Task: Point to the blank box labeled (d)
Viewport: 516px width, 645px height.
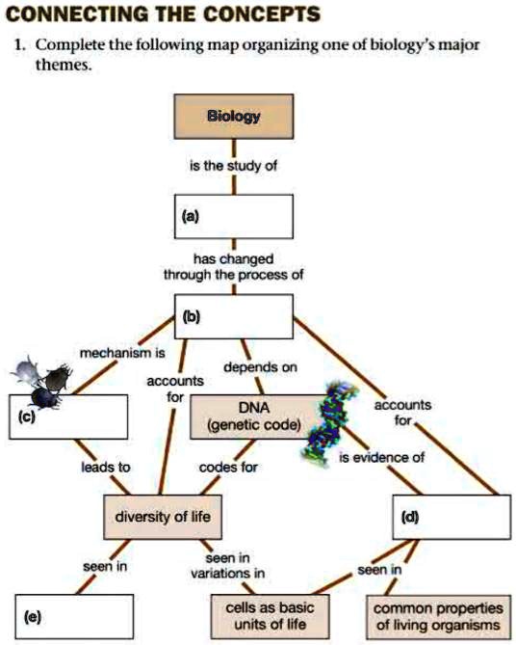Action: [x=452, y=517]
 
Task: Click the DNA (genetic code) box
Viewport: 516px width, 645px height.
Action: [x=253, y=417]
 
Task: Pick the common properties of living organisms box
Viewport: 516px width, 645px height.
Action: [x=437, y=616]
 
